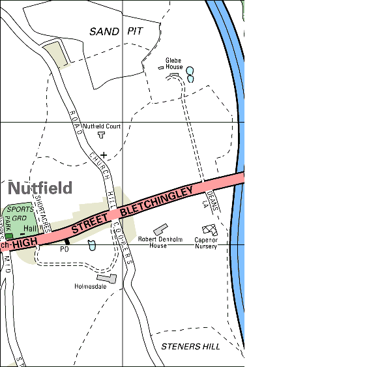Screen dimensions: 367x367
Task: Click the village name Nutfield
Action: (x=40, y=188)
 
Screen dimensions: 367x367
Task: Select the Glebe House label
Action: (x=174, y=63)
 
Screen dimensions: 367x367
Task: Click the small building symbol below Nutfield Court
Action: (x=101, y=135)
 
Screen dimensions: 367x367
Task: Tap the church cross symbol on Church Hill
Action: (x=103, y=154)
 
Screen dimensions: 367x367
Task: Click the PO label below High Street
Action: (x=64, y=249)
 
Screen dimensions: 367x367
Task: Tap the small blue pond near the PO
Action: (x=92, y=245)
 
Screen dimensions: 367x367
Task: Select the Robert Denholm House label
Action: (x=157, y=242)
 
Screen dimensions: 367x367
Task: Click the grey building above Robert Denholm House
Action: (x=160, y=229)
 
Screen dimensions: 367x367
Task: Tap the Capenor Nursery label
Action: (x=206, y=242)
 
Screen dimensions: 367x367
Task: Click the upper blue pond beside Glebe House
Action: (x=190, y=70)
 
